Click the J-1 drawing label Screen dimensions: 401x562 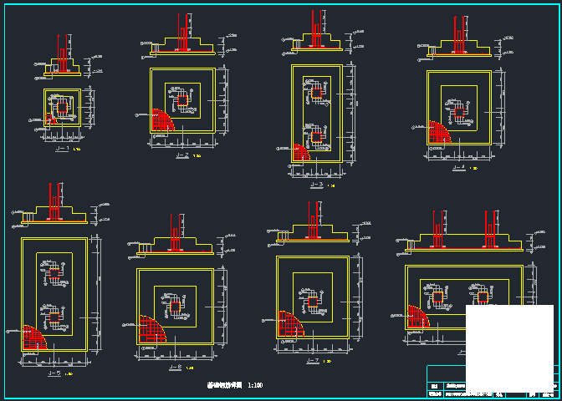click(x=62, y=149)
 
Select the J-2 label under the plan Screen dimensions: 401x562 click(x=181, y=155)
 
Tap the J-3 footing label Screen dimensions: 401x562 click(x=316, y=185)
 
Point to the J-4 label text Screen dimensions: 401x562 click(x=457, y=168)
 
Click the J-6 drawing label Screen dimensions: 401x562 click(x=175, y=368)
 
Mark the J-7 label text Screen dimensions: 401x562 click(x=314, y=360)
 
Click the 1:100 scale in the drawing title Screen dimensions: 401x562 click(x=256, y=386)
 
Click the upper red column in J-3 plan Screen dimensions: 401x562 click(x=316, y=93)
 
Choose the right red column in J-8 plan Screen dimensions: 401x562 click(x=483, y=297)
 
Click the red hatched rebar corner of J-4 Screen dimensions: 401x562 click(x=437, y=132)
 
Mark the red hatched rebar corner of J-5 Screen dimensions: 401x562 click(x=33, y=338)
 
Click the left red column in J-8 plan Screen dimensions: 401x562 click(x=437, y=297)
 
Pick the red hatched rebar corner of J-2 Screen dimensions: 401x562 click(x=161, y=121)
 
